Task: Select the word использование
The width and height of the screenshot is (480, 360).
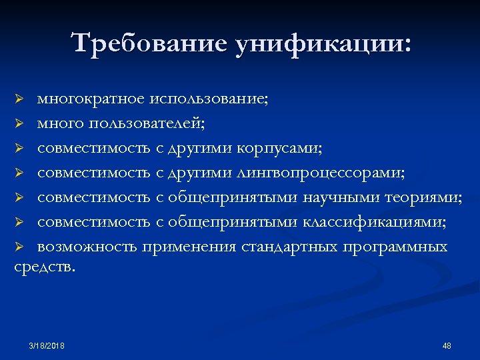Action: click(209, 99)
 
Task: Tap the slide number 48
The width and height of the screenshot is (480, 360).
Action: click(447, 345)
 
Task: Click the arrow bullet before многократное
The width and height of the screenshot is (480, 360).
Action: click(20, 100)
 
